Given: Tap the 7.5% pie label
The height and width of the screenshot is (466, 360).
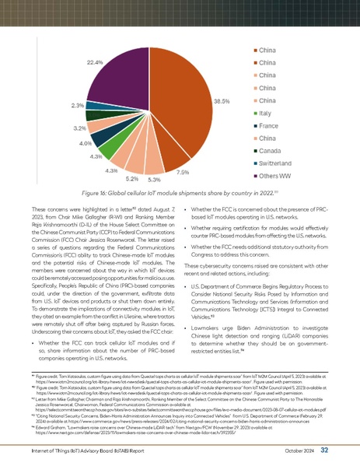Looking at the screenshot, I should click(x=183, y=171).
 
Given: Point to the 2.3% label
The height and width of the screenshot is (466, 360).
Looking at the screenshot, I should click(x=78, y=104).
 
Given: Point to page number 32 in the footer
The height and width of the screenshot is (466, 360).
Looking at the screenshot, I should click(x=346, y=449).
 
